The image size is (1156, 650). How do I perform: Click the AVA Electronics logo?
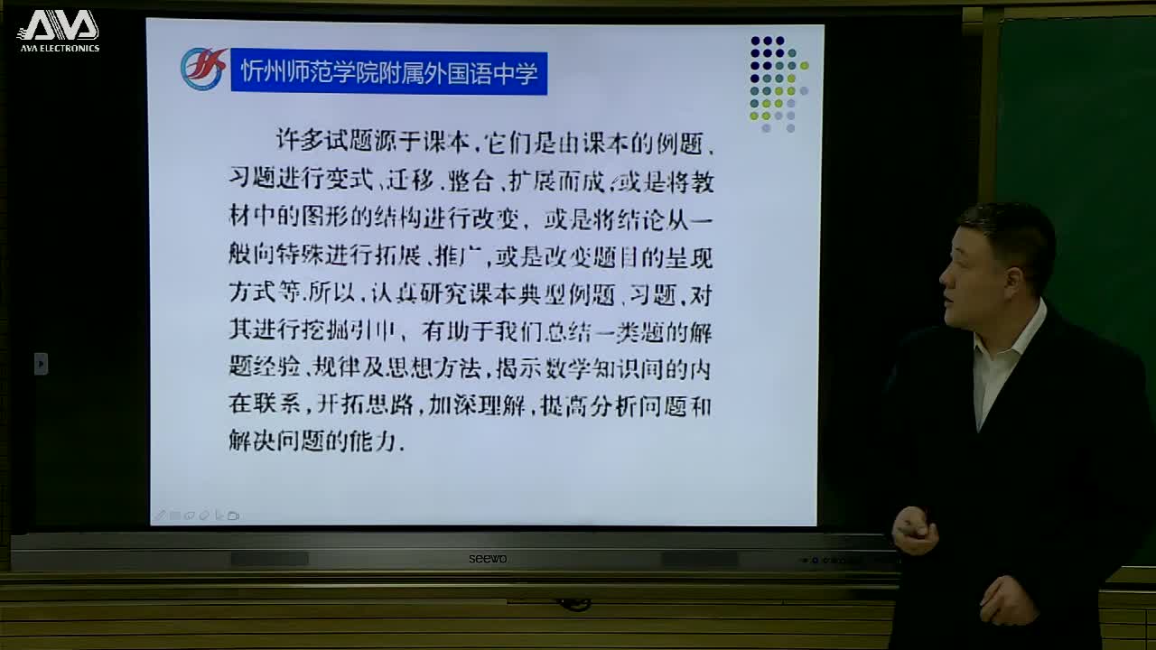(59, 30)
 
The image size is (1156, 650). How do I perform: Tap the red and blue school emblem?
(202, 70)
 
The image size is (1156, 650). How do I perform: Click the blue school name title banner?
(389, 73)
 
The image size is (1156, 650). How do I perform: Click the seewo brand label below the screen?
(487, 559)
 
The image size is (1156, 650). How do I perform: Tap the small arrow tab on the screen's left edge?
(41, 363)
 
